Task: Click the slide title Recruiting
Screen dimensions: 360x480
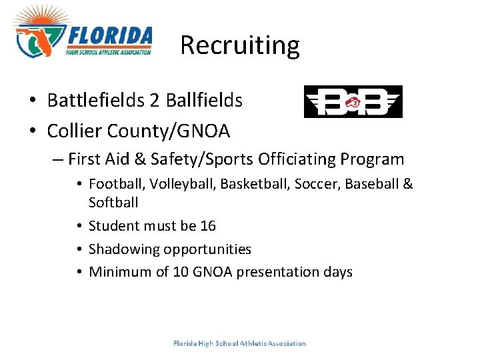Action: coord(240,45)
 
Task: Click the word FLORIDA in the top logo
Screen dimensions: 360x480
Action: coord(109,35)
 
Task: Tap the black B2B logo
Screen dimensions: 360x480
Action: coord(353,102)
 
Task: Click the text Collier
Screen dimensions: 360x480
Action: coord(74,131)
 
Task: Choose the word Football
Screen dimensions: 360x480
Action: coord(113,184)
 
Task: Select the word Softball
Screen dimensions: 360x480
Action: coord(113,201)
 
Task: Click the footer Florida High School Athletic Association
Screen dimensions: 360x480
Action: coord(239,343)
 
